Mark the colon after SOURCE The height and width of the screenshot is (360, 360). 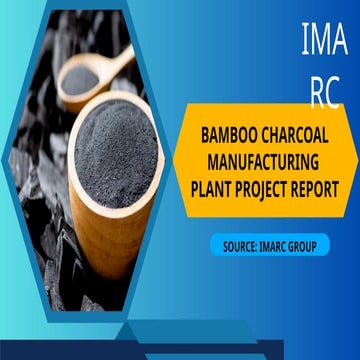pyautogui.click(x=258, y=244)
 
